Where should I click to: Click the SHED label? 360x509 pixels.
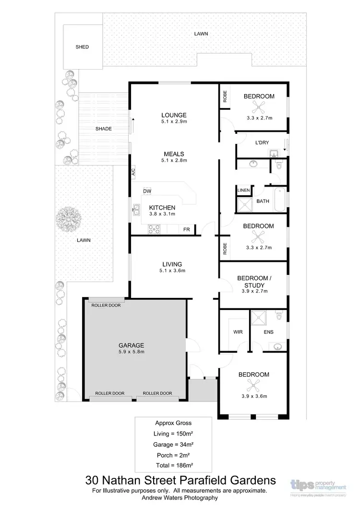(82, 47)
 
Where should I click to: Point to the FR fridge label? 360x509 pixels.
(186, 230)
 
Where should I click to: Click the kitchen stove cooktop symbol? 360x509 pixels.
(154, 229)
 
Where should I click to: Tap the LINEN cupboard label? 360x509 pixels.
(244, 190)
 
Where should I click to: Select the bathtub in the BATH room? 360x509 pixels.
(280, 201)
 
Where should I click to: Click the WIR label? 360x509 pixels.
(238, 331)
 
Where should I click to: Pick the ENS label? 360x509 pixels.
(268, 331)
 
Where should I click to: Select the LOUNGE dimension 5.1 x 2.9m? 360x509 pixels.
(173, 122)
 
